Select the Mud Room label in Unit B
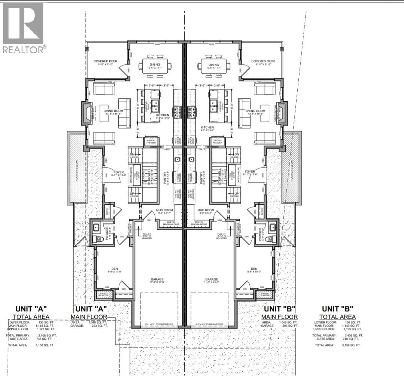205,210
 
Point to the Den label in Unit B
254,268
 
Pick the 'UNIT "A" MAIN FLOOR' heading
91,313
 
